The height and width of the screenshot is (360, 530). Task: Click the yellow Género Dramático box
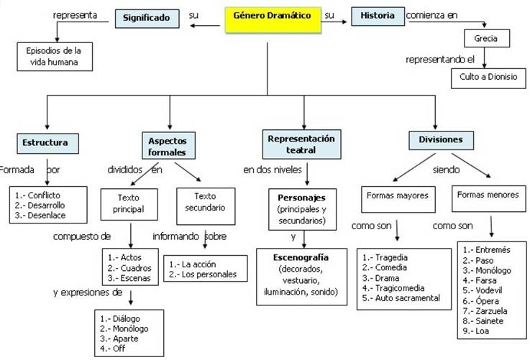click(x=273, y=20)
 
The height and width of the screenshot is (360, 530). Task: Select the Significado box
click(x=147, y=19)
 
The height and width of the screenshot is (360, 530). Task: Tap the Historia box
click(x=378, y=17)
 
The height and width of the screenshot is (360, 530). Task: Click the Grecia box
click(x=487, y=39)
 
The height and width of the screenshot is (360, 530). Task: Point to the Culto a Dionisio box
click(x=488, y=78)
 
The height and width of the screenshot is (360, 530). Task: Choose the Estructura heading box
click(x=47, y=143)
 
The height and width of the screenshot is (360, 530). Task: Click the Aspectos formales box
click(x=168, y=146)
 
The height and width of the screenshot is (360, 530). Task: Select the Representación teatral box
click(x=301, y=144)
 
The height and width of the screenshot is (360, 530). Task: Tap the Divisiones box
click(x=441, y=141)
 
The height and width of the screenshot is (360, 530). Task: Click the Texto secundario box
click(x=206, y=206)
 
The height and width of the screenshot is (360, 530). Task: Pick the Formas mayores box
click(x=398, y=199)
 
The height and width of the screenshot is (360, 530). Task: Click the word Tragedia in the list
click(x=391, y=258)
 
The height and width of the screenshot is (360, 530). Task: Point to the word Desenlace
click(x=47, y=216)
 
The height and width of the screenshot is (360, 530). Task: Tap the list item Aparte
click(x=125, y=338)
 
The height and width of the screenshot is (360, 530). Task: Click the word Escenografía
click(x=301, y=258)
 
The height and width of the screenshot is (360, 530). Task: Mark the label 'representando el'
click(x=440, y=60)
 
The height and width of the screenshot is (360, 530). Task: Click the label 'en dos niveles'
click(x=273, y=170)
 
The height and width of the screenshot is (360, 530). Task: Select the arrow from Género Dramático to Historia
click(x=334, y=22)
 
